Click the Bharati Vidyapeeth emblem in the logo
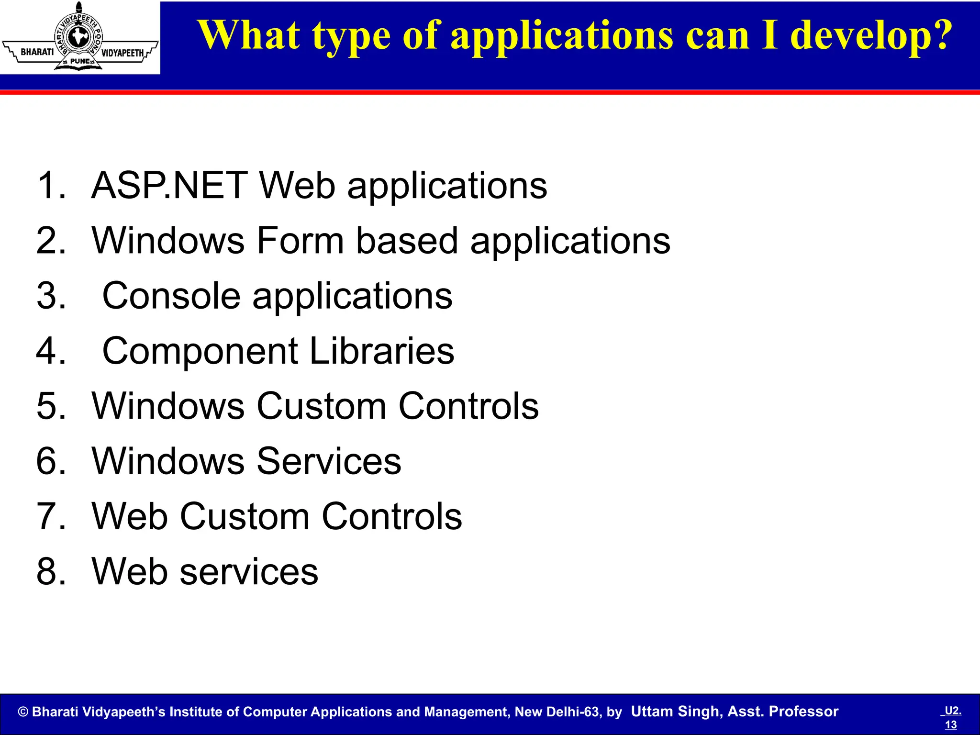pos(79,37)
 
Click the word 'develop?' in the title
pos(871,36)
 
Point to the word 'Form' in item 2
pos(300,241)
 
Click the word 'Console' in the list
pos(171,296)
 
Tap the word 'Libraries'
pos(382,351)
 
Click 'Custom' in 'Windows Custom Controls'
pos(322,406)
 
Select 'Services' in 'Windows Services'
pos(329,461)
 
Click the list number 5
pos(50,406)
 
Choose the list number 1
pos(50,186)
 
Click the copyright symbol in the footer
pos(23,712)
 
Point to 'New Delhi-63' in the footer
pos(557,712)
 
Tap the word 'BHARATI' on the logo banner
pos(37,52)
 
